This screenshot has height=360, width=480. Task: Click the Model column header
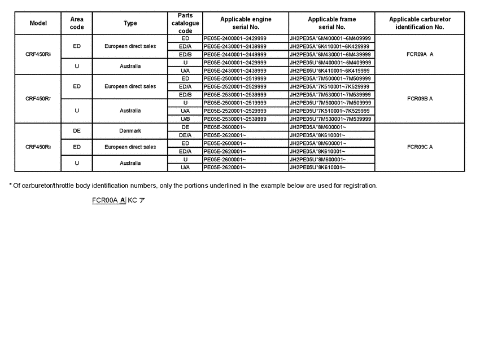[38, 23]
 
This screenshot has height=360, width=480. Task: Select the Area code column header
[77, 23]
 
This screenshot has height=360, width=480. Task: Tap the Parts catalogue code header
[185, 23]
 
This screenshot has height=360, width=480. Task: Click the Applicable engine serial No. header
[246, 23]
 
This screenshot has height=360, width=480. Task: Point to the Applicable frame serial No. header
[331, 23]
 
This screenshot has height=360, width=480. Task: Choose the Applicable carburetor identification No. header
[420, 23]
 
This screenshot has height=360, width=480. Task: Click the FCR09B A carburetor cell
[420, 99]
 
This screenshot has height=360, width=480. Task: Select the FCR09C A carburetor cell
[420, 147]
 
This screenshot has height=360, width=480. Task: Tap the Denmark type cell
[130, 131]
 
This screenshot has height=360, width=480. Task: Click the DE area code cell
[77, 131]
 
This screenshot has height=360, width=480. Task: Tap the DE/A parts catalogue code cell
[185, 135]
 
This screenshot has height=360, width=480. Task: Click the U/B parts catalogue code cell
[185, 119]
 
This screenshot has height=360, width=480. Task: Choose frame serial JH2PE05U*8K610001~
[317, 168]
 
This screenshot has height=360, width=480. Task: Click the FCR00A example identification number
[108, 200]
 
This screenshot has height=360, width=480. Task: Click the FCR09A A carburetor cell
[420, 54]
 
